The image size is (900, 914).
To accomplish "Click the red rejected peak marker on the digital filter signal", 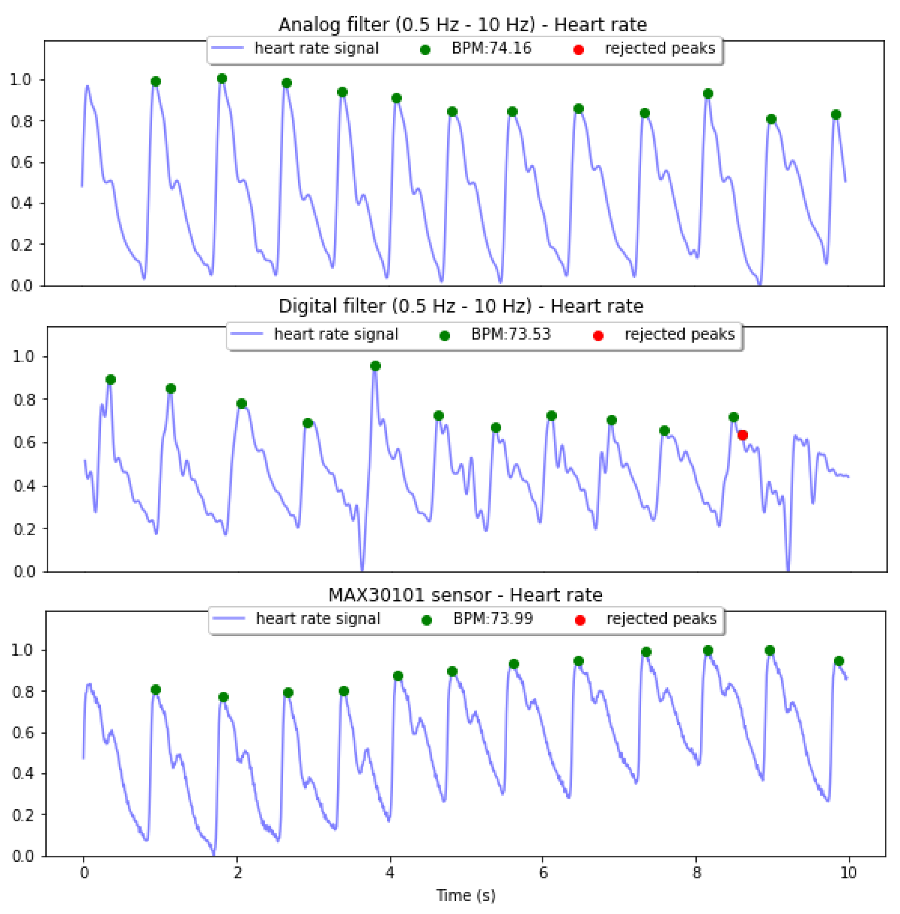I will (742, 435).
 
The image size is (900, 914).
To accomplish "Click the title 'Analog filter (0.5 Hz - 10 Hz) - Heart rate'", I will (462, 25).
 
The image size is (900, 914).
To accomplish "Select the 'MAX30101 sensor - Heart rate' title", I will (465, 595).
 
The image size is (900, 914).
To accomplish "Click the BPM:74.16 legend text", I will (491, 48).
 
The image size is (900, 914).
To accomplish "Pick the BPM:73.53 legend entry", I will (511, 334).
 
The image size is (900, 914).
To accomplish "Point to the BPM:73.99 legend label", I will (492, 619).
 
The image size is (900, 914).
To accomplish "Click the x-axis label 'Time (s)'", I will (466, 895).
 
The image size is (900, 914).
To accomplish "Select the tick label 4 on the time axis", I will (389, 872).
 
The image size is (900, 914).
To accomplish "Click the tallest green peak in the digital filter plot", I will (375, 366).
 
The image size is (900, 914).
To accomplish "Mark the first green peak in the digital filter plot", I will (111, 380).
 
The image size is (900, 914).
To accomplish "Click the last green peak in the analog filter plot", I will (836, 115).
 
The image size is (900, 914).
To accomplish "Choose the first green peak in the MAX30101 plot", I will (156, 690).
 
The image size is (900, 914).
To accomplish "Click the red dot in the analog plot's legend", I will (579, 50).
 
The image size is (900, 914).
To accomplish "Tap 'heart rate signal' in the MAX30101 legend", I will (318, 619).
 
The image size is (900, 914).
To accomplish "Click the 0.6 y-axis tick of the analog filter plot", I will (21, 162).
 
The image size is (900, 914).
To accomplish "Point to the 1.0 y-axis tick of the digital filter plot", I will (24, 356).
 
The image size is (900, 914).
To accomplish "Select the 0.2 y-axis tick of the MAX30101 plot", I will (22, 815).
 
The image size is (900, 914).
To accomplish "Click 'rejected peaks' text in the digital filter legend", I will (679, 334).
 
